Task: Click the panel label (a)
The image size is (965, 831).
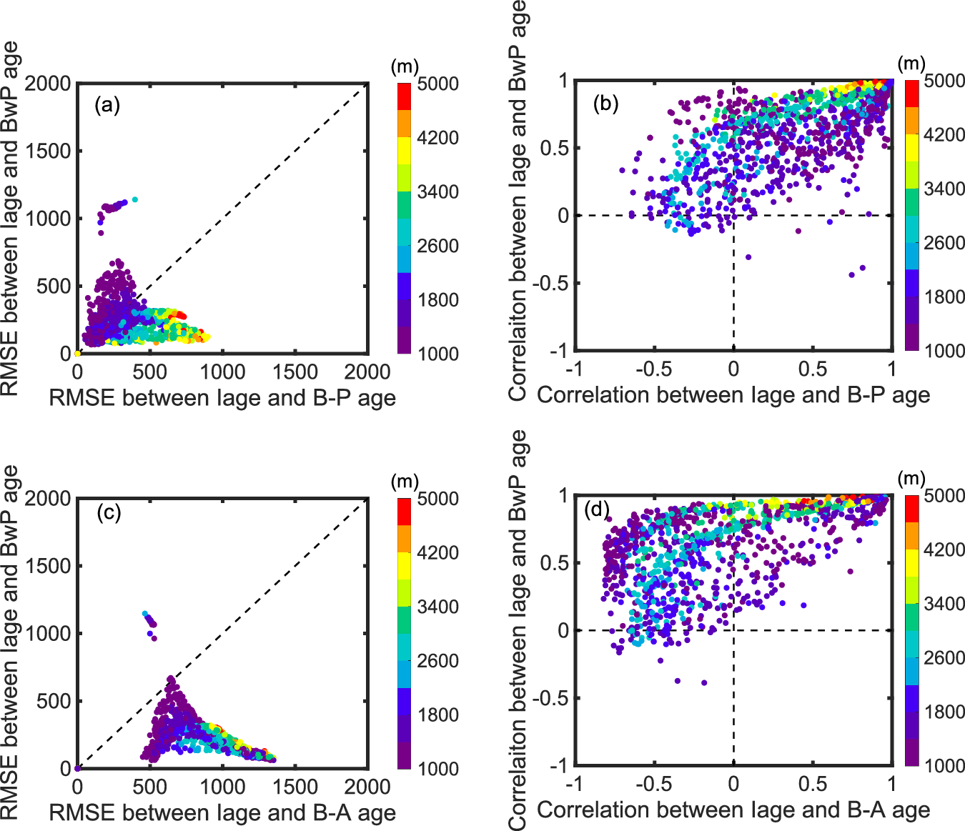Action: click(x=107, y=106)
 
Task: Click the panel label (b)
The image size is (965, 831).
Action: click(x=605, y=104)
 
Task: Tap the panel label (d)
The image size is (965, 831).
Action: click(x=597, y=509)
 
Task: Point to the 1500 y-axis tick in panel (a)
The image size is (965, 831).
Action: click(x=48, y=151)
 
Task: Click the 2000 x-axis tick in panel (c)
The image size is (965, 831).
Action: click(x=367, y=787)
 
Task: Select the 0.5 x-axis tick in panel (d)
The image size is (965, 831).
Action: click(x=813, y=785)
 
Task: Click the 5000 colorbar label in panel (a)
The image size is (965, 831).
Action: click(x=437, y=84)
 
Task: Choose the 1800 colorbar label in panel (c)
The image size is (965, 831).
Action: click(x=437, y=715)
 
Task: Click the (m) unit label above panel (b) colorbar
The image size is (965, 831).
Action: click(x=911, y=64)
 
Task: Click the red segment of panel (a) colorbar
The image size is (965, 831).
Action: click(x=405, y=96)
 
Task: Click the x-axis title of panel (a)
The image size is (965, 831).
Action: click(x=222, y=398)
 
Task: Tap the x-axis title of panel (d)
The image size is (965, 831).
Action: click(x=733, y=810)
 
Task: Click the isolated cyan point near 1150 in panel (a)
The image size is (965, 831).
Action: click(x=134, y=199)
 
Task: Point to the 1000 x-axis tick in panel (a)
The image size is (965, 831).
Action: click(x=222, y=372)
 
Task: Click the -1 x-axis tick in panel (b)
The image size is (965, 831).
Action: click(x=573, y=369)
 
